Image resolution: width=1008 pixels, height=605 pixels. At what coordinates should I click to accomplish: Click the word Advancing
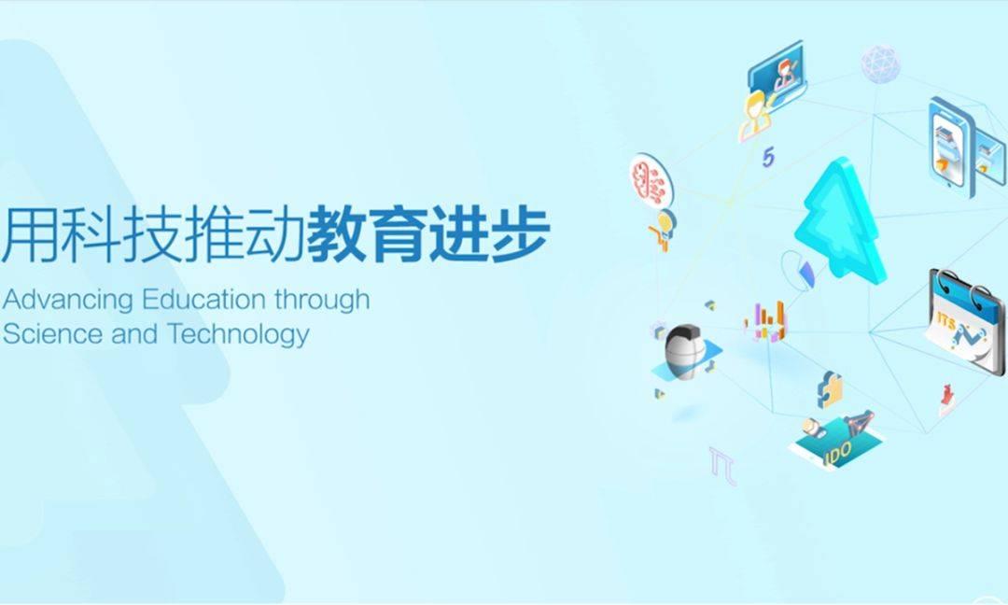point(67,301)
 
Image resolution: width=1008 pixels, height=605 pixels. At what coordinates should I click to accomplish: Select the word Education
point(203,299)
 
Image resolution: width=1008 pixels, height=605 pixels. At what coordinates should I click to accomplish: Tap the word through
point(322,301)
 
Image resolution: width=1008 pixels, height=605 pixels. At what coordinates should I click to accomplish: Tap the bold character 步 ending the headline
point(520,234)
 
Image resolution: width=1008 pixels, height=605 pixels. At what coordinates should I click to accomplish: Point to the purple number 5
point(769,157)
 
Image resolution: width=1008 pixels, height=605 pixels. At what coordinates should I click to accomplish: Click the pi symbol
point(722,464)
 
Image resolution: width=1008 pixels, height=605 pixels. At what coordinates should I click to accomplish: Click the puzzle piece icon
point(830,389)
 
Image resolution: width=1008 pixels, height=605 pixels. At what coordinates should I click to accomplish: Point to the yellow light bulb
point(665,222)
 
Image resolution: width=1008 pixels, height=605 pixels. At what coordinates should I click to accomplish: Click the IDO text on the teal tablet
point(838,453)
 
